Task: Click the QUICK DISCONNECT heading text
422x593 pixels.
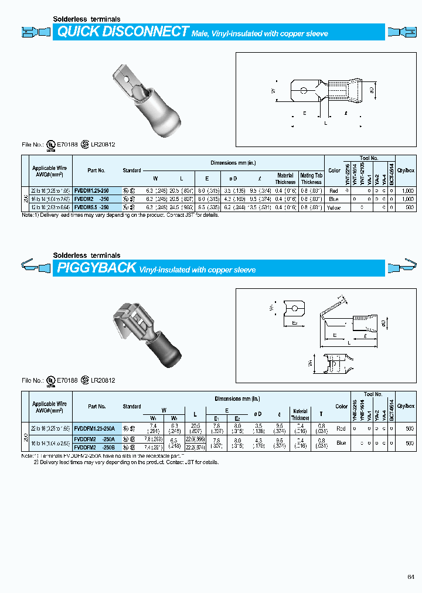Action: click(123, 32)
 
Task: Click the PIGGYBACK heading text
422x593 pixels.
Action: click(96, 268)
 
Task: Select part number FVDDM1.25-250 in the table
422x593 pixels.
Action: click(91, 190)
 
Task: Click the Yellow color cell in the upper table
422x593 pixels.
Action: click(334, 207)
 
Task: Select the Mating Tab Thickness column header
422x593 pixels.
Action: click(311, 178)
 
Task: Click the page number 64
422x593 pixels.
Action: click(410, 577)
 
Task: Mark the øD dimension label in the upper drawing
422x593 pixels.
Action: click(373, 89)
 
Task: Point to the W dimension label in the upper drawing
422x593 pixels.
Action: click(273, 90)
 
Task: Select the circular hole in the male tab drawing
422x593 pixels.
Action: click(304, 90)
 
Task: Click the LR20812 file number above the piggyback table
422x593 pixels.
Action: click(103, 380)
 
